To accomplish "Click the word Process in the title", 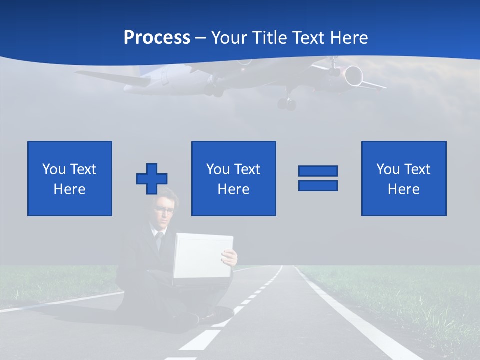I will [x=157, y=38].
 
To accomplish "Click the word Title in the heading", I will [x=270, y=38].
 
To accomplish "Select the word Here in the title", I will [x=349, y=38].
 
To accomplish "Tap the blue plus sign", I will [x=152, y=178].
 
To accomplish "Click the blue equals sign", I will [x=318, y=178].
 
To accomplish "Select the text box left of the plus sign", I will [x=70, y=178].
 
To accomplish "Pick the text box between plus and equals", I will [x=234, y=178].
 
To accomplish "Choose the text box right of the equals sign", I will [x=404, y=178].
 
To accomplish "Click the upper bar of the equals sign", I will [x=318, y=171].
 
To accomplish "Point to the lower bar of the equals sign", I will [x=318, y=185].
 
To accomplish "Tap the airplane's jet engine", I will [x=353, y=75].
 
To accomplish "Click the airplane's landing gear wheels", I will [x=287, y=104].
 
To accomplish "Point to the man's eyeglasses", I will [x=164, y=210].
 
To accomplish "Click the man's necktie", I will [x=160, y=240].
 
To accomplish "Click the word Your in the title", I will [x=227, y=38].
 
